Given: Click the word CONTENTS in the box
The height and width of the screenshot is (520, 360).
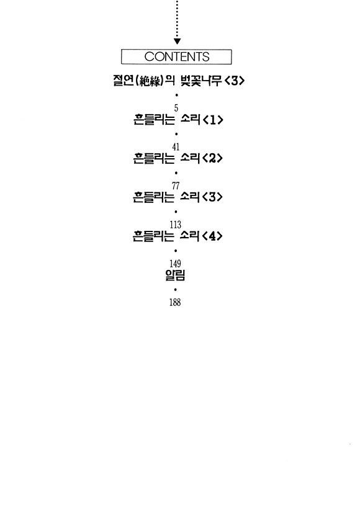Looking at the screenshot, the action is coord(177,56).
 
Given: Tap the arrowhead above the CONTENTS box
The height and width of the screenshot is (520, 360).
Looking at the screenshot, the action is coord(177,41).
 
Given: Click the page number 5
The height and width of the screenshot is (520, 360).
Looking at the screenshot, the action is coord(176,108).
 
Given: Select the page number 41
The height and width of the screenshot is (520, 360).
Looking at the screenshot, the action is coord(176,146).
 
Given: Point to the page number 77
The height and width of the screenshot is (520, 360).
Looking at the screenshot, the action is coord(176,186).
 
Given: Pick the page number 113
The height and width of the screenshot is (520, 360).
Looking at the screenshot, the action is coord(175,225).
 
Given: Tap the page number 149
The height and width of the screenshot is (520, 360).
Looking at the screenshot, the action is coord(175,264).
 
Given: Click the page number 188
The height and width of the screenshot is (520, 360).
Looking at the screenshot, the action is coord(175,302).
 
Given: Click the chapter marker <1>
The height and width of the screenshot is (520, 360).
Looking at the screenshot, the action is coord(213,120).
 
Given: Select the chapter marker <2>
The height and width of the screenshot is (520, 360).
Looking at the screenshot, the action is coord(213,158).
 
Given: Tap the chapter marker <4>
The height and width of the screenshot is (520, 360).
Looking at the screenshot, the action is coord(212,236).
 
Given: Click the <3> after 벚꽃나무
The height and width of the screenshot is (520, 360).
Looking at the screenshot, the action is coord(234,81).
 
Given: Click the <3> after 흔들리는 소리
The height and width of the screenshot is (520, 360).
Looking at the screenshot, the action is coord(212,197).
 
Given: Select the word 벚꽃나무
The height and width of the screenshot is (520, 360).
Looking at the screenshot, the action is coord(200,81).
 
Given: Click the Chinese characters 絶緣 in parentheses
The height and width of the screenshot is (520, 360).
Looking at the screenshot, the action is coord(150,81).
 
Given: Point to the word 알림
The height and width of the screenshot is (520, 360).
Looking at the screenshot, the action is coord(175,275).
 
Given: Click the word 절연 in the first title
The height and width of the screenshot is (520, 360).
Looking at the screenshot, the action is coord(124,81).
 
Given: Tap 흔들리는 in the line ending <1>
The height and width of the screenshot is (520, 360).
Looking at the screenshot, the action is coord(154,119).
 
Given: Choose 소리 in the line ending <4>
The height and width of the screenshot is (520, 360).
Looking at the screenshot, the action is coord(189,236).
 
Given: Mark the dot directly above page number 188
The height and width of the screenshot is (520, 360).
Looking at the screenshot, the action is coord(175,290).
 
